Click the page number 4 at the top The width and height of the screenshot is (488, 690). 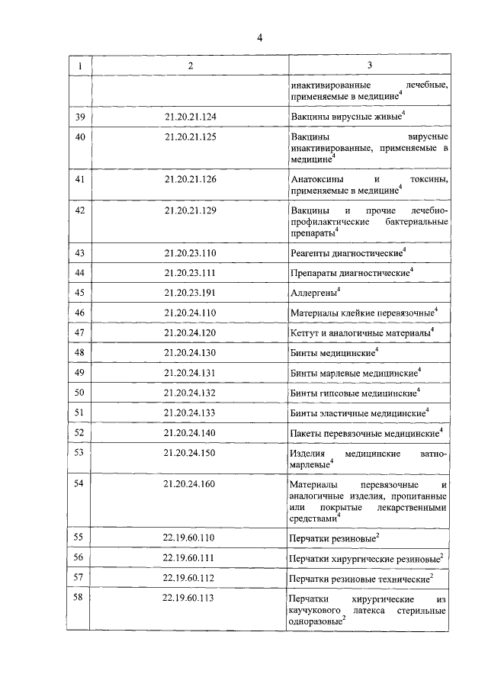click(259, 38)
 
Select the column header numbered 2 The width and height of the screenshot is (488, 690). click(190, 66)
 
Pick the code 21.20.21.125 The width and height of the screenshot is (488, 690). click(190, 137)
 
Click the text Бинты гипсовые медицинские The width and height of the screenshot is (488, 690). click(354, 393)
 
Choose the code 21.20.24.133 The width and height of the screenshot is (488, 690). click(190, 412)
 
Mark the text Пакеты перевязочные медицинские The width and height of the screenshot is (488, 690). click(365, 433)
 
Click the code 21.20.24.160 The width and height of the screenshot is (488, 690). click(190, 484)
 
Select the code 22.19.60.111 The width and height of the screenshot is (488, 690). click(190, 558)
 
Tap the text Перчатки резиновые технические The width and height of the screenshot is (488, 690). click(359, 579)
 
